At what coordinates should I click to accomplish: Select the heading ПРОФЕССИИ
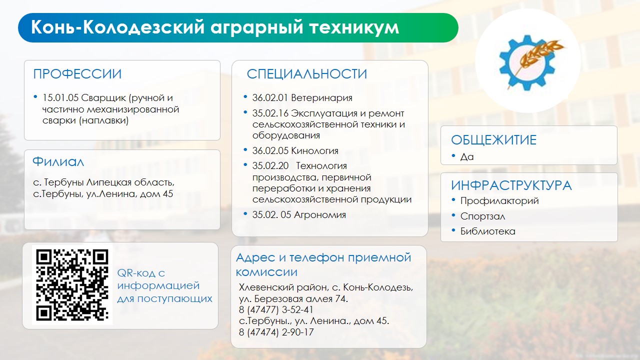(x=77, y=74)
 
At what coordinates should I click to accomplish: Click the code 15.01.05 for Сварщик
(x=60, y=97)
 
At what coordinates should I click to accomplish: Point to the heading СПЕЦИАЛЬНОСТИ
(x=307, y=74)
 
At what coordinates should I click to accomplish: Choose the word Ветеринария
(x=321, y=98)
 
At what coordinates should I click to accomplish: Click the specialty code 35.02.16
(x=270, y=113)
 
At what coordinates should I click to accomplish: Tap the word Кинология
(x=314, y=150)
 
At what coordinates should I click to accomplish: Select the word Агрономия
(x=319, y=214)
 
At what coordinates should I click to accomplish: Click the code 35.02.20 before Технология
(x=270, y=165)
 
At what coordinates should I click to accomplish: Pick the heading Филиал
(x=58, y=161)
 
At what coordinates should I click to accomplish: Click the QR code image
(x=72, y=285)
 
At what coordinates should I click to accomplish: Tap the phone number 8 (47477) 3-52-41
(x=276, y=309)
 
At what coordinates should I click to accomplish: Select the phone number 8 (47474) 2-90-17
(x=276, y=332)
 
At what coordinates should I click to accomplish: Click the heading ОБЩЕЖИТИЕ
(x=493, y=140)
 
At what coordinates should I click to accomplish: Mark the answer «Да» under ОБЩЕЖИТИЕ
(x=467, y=156)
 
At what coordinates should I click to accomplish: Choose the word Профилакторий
(x=499, y=201)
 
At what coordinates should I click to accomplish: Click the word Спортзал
(x=482, y=216)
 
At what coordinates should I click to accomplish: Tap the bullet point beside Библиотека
(x=453, y=230)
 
